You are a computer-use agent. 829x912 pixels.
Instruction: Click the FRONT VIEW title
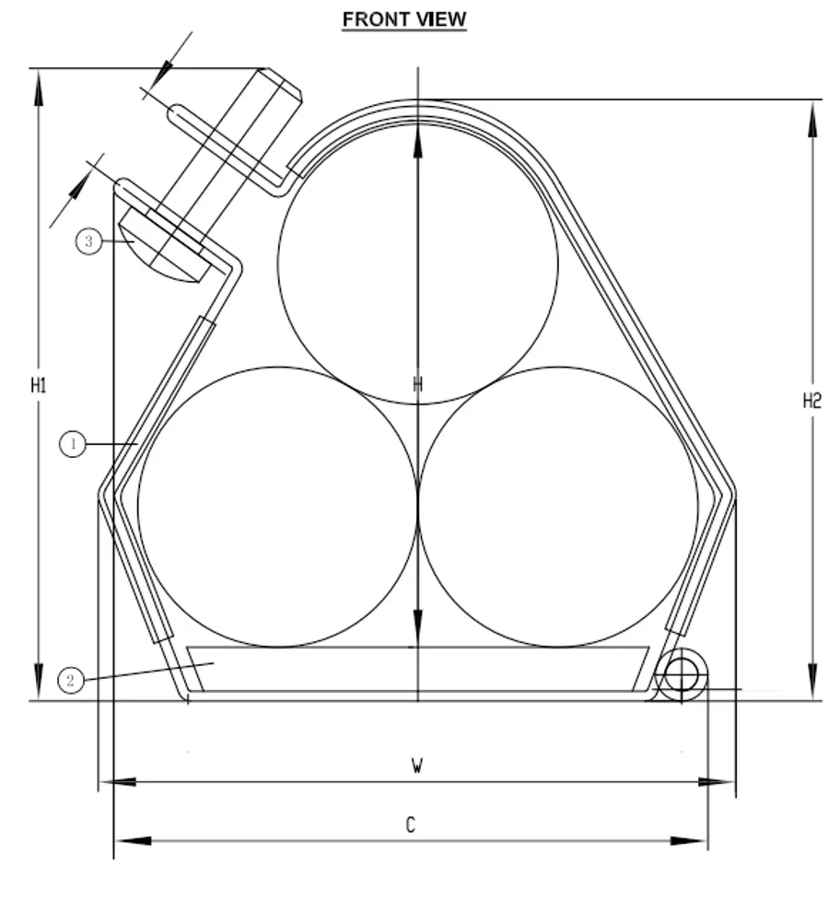coord(404,19)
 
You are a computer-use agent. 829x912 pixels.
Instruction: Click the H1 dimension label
coord(39,385)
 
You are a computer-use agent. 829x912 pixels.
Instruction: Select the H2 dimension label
coord(811,400)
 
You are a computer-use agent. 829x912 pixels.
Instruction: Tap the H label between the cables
coord(417,385)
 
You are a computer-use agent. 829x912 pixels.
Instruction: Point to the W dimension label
coord(416,766)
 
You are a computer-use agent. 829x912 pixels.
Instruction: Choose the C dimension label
coord(411,825)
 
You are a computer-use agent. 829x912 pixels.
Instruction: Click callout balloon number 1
coord(73,445)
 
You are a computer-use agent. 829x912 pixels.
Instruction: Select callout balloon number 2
coord(70,681)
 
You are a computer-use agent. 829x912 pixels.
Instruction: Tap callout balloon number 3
coord(88,241)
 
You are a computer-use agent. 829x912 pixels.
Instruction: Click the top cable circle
coord(417,263)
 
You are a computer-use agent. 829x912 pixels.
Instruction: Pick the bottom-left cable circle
coord(277,507)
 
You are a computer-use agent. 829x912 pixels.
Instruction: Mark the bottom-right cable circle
coord(558,507)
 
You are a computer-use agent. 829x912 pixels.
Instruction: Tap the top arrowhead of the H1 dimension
coord(39,83)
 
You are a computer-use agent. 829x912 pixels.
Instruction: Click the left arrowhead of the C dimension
coord(129,841)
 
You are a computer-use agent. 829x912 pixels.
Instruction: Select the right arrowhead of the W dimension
coord(718,782)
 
